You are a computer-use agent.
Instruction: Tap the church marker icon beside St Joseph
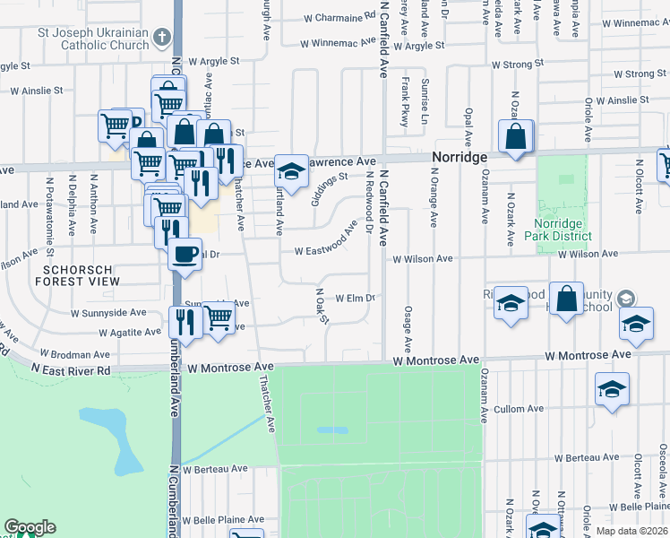(x=162, y=37)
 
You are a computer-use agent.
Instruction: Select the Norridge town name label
(x=460, y=157)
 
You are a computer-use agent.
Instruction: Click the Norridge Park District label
(x=563, y=230)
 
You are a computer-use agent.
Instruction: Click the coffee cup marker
(x=185, y=254)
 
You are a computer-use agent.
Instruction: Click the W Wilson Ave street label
(x=424, y=259)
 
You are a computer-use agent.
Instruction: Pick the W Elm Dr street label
(x=353, y=298)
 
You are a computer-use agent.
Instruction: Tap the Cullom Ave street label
(x=519, y=409)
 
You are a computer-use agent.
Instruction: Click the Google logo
(x=30, y=527)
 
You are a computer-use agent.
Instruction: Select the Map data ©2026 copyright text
(x=631, y=531)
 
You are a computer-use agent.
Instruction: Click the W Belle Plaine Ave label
(x=223, y=519)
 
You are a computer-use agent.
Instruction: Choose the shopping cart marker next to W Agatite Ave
(x=219, y=318)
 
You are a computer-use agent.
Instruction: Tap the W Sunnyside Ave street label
(x=108, y=314)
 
